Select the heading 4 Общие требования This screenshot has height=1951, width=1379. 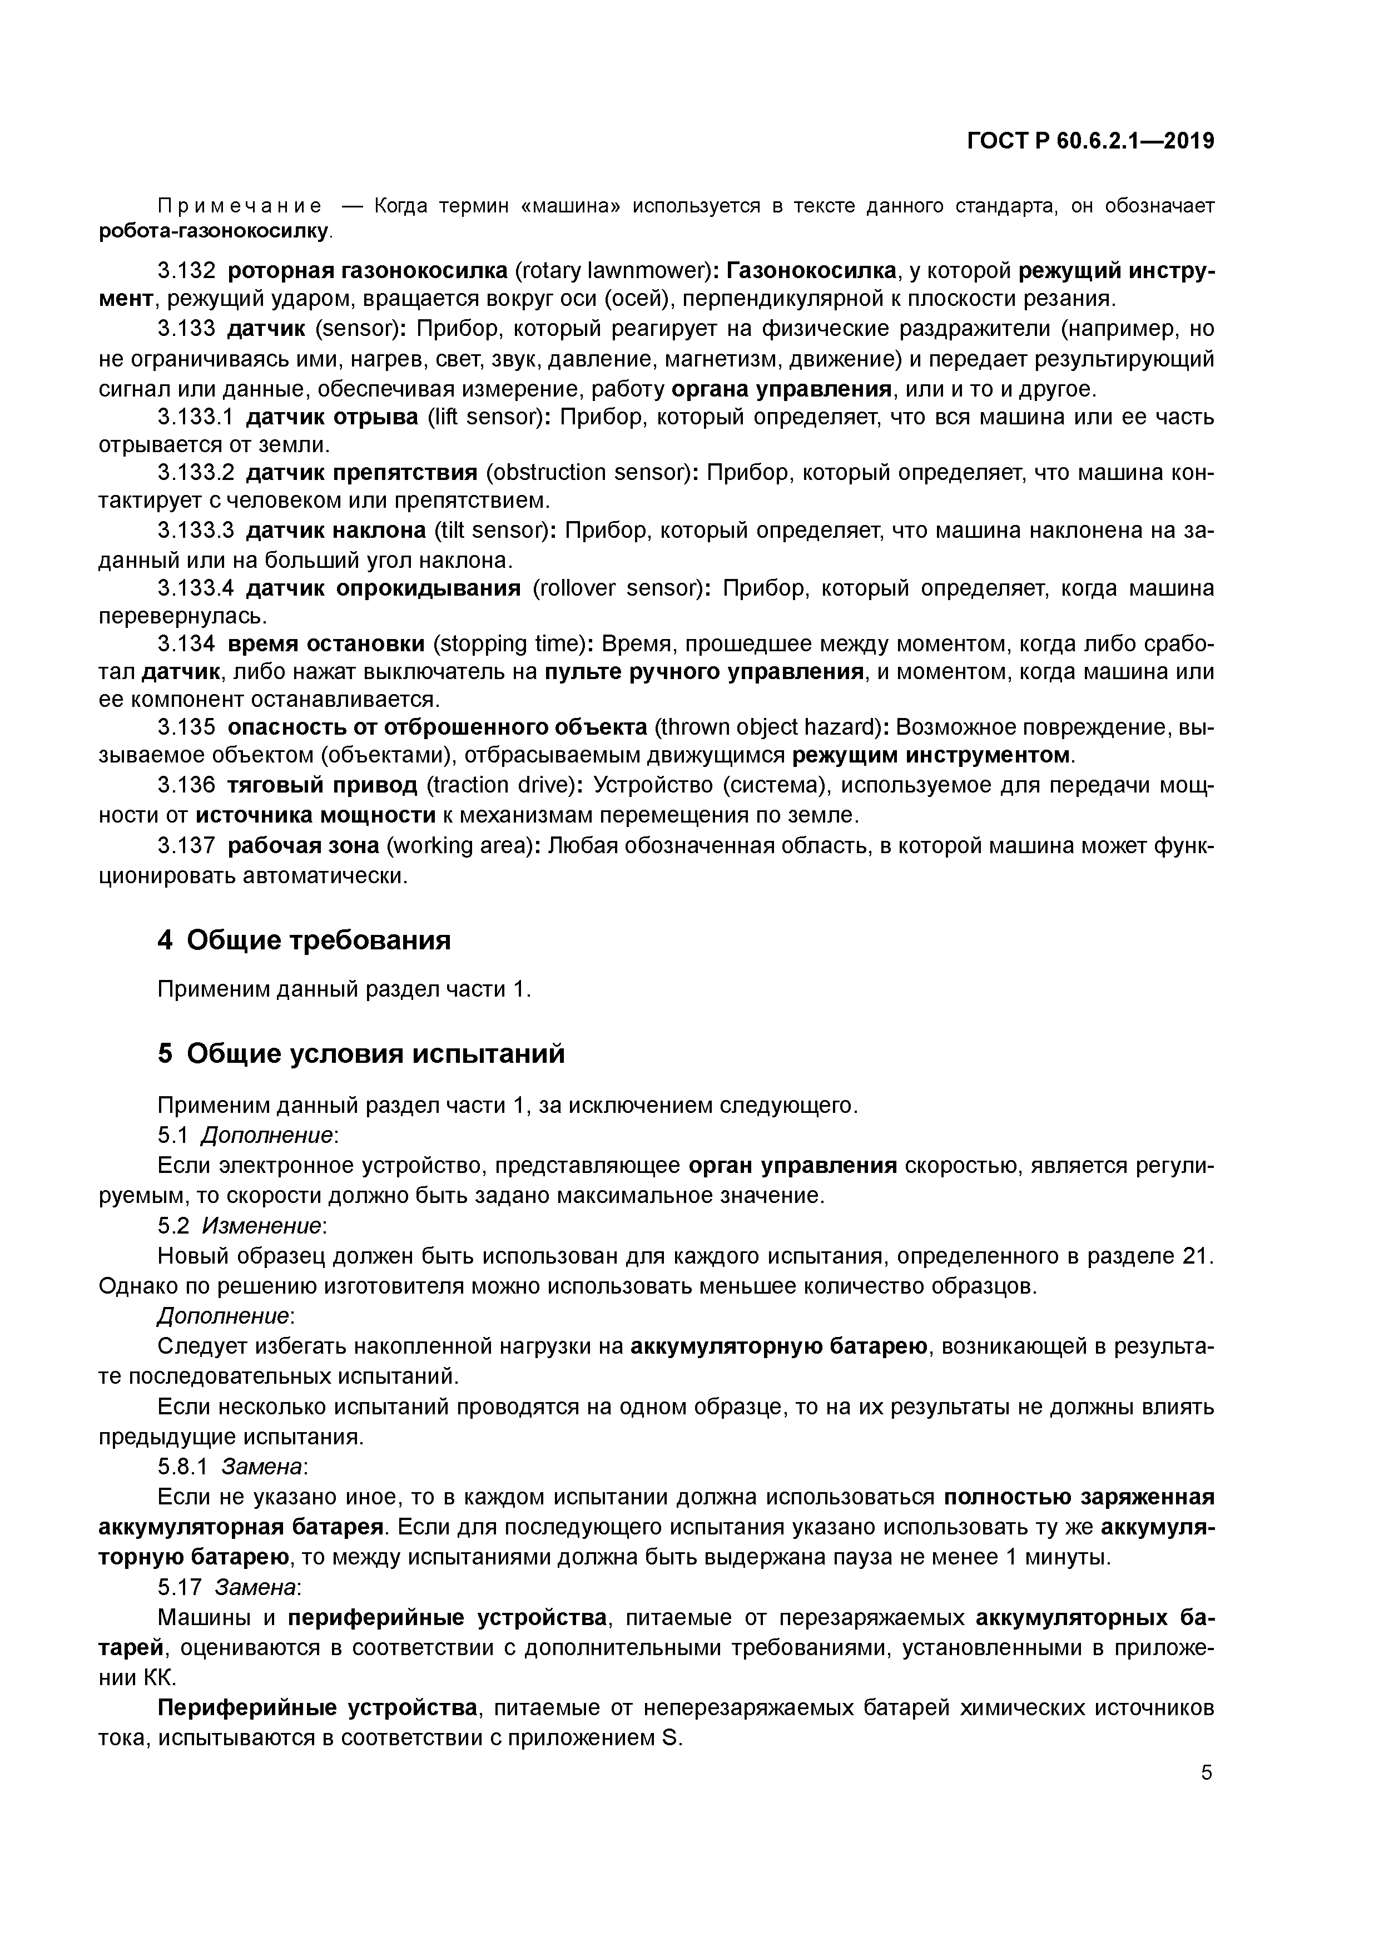click(x=304, y=940)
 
